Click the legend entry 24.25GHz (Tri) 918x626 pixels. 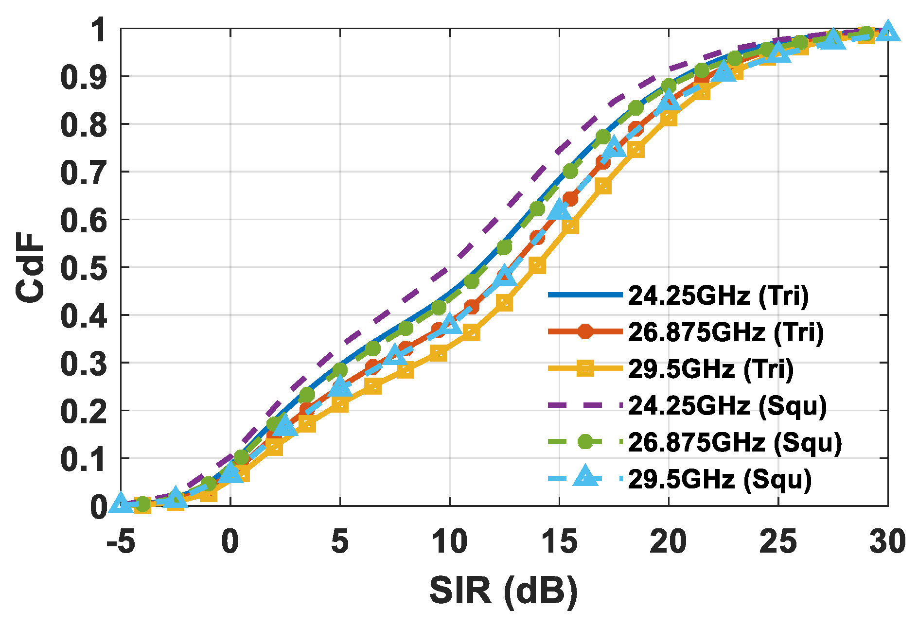pos(718,295)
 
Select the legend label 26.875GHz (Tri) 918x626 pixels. pos(726,332)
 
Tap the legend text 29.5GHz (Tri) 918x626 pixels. pos(710,369)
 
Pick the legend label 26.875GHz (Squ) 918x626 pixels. pos(735,442)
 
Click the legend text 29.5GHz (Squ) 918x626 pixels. pos(720,479)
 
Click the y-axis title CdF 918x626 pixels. pos(30,267)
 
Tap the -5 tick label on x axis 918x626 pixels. pos(121,541)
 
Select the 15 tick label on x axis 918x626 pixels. pos(559,541)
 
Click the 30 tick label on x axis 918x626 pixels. pos(887,541)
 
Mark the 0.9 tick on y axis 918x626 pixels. pos(83,77)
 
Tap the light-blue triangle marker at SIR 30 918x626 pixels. pos(887,32)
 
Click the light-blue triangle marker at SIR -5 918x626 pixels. pos(121,504)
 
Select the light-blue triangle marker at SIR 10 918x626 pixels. pos(449,324)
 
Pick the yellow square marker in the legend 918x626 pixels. pos(585,369)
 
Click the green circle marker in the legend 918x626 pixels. pos(585,442)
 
